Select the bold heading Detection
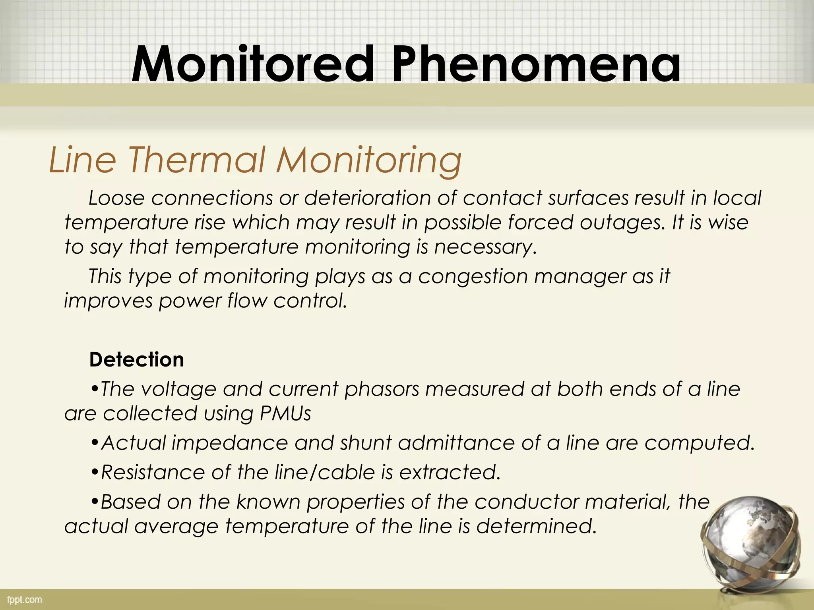136,359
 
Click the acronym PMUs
285,413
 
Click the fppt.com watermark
25,599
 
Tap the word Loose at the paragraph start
116,198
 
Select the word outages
622,222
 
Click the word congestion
473,276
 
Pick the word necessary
485,247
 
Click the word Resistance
153,472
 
